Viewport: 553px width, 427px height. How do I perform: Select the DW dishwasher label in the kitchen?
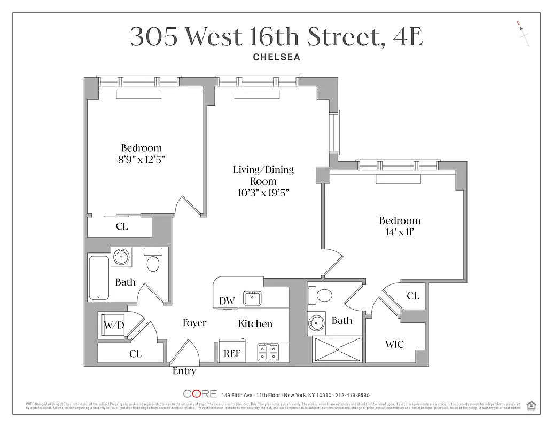227,301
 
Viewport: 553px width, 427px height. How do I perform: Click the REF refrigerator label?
231,353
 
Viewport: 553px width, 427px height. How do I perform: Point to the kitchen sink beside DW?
252,298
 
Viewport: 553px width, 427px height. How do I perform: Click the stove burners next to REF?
268,352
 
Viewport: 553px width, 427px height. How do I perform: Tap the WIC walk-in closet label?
394,344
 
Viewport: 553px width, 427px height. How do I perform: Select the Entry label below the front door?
184,371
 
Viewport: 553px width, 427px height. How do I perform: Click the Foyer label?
194,323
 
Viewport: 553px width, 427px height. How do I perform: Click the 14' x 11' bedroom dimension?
400,232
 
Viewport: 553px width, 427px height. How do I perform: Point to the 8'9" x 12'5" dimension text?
141,159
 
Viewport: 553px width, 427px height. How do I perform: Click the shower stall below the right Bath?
337,350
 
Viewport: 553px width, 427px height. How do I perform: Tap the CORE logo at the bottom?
200,394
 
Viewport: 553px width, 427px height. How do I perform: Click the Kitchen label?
255,324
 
